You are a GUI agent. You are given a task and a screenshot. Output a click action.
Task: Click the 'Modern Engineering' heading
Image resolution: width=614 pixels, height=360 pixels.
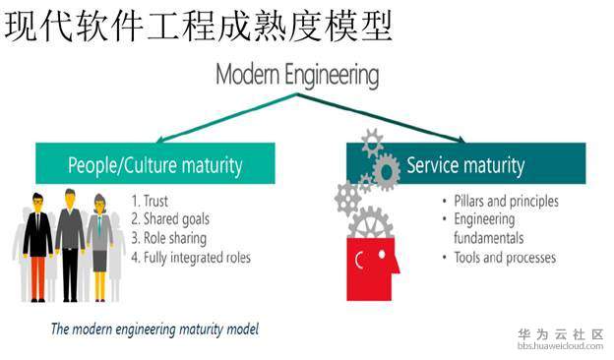point(296,75)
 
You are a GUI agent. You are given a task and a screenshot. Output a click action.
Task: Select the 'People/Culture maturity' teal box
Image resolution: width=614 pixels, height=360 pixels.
point(154,163)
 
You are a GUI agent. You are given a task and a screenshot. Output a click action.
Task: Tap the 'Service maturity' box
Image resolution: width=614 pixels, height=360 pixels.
point(464,163)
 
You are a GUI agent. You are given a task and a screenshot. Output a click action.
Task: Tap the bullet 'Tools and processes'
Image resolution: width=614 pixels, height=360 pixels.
point(505,258)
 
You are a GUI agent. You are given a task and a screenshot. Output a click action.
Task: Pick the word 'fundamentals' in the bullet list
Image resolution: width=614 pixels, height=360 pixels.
point(488,238)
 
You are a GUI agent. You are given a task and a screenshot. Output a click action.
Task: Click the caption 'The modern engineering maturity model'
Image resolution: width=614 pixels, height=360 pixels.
point(154,329)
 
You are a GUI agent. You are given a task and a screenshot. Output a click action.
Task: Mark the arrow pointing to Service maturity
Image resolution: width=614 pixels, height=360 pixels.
point(394,120)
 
